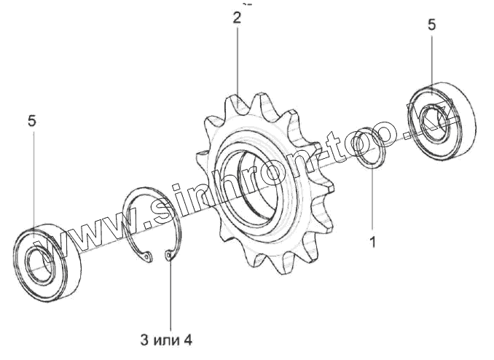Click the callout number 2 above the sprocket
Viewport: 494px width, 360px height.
(x=237, y=17)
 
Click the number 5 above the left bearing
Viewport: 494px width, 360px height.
(x=32, y=121)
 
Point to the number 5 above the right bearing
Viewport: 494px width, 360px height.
(x=431, y=25)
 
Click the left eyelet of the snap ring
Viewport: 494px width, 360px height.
(x=148, y=257)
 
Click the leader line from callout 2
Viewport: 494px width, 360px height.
(x=238, y=62)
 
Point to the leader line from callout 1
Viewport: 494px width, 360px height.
(x=372, y=200)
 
